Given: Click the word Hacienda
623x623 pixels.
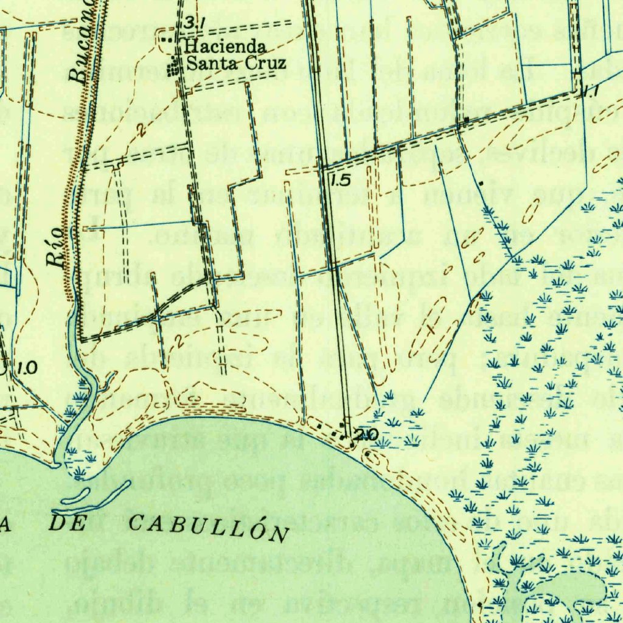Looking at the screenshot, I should pyautogui.click(x=217, y=47).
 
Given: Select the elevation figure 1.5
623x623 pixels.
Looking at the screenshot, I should pyautogui.click(x=342, y=180).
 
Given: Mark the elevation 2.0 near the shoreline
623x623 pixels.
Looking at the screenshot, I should pyautogui.click(x=367, y=434).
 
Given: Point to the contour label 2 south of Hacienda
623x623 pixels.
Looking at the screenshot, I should pyautogui.click(x=141, y=128).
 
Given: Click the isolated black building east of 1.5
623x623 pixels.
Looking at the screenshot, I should pyautogui.click(x=481, y=183).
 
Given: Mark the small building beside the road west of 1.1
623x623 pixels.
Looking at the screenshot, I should pyautogui.click(x=465, y=121).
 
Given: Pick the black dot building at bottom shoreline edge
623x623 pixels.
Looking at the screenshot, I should pyautogui.click(x=480, y=605).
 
